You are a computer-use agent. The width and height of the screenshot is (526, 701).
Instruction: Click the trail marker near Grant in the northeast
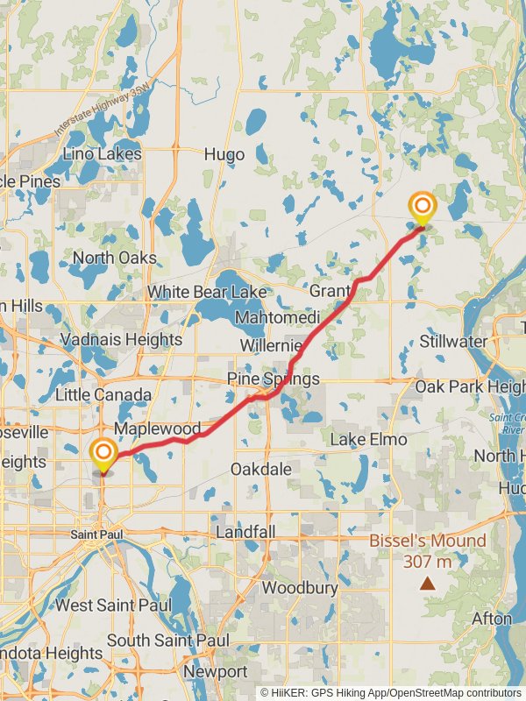423,209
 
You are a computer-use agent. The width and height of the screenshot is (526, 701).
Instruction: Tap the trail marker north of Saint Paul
103,453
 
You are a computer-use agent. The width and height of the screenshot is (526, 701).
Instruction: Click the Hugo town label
224,154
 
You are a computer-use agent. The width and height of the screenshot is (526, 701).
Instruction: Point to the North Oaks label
114,258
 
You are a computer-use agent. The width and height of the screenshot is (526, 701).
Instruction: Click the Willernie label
272,345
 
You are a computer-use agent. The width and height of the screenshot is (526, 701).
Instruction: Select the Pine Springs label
273,379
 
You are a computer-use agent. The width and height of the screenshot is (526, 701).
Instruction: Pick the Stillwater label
453,340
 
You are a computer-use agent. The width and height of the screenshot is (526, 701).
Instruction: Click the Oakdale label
260,469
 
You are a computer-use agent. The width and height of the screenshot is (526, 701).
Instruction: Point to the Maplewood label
158,429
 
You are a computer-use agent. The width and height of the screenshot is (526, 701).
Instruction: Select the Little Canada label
103,394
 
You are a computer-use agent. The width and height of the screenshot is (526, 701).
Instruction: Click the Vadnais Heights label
121,339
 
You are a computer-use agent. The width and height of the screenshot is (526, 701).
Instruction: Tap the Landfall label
245,532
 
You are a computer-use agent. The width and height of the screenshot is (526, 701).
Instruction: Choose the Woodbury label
300,587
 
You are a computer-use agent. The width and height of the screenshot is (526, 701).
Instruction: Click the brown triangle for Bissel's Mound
427,583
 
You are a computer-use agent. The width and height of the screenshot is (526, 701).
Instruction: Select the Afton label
491,619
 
